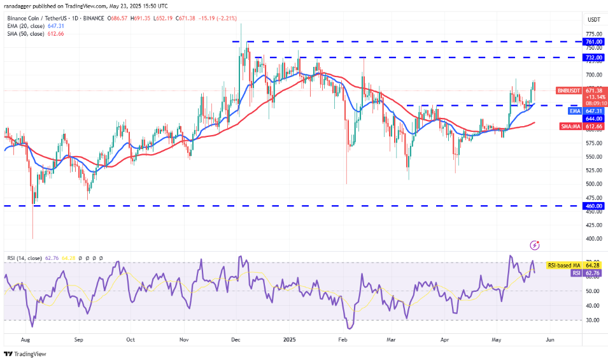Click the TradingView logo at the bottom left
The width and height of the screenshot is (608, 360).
point(26,354)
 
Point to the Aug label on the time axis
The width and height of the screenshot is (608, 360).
point(25,340)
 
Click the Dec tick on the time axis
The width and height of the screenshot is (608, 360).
point(236,340)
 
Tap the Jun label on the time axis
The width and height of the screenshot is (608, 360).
point(550,340)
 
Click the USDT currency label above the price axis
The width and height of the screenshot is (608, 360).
point(593,18)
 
